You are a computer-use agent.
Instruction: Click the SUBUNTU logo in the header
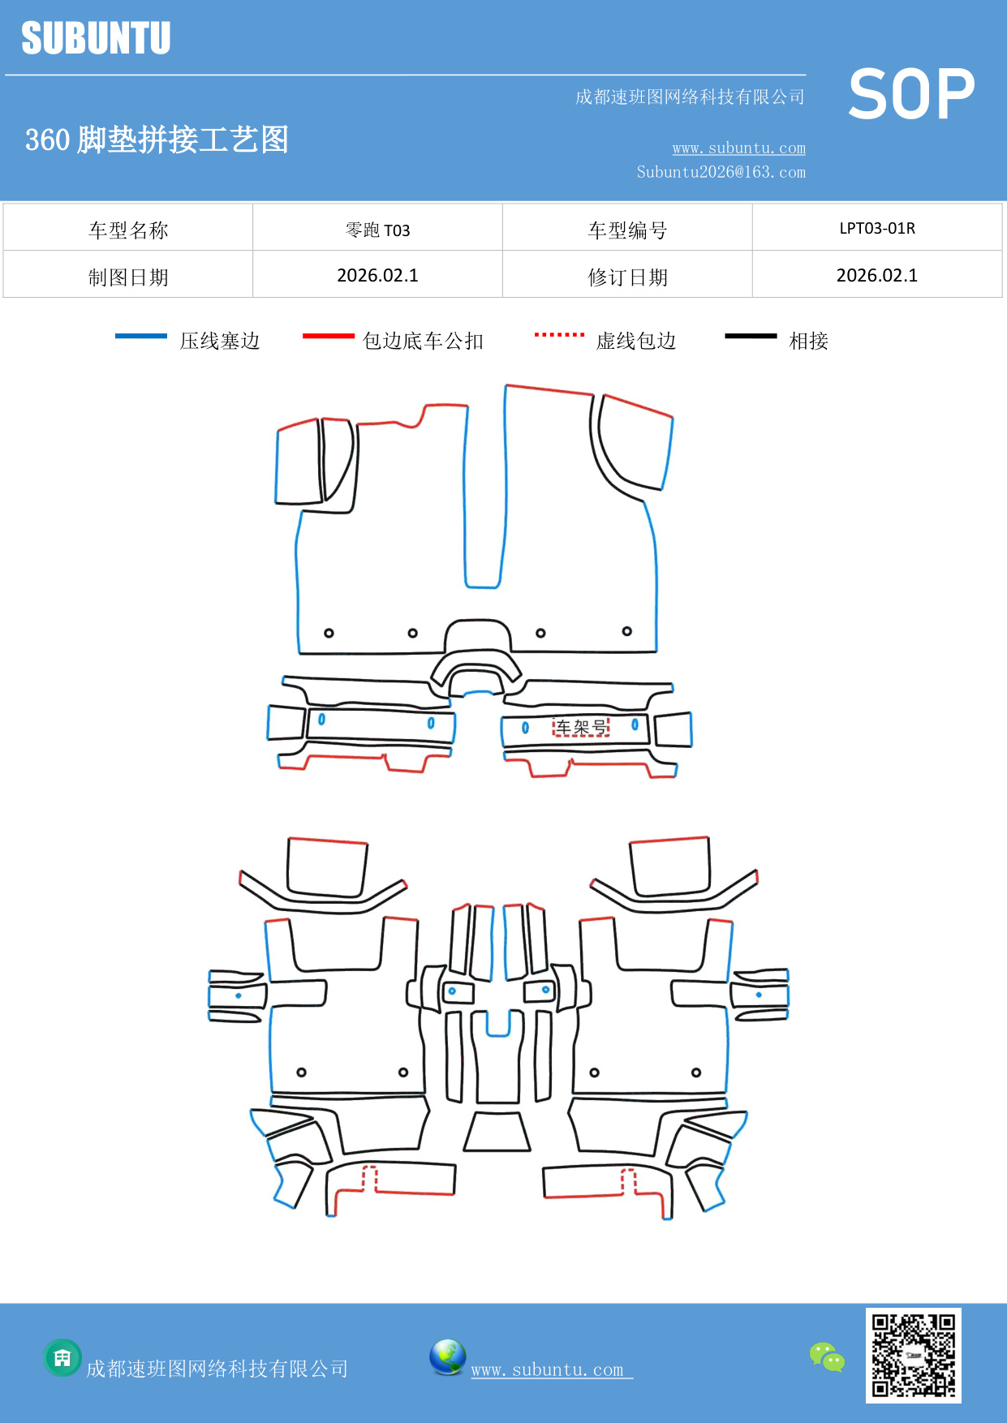click(96, 38)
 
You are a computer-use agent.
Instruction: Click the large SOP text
click(911, 94)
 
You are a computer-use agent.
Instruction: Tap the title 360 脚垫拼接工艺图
click(157, 140)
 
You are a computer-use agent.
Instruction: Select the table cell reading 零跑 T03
click(377, 230)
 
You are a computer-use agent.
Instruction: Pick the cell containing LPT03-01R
click(877, 228)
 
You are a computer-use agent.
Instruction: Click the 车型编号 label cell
click(627, 230)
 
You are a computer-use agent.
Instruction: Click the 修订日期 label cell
click(627, 277)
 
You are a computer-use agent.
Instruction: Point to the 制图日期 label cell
click(128, 277)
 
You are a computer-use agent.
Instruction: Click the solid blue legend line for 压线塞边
click(141, 336)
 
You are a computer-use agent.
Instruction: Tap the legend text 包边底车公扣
click(423, 341)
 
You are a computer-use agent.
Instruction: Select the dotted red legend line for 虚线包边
click(559, 334)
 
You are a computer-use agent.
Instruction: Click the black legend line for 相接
click(751, 336)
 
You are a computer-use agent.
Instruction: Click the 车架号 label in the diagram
click(581, 727)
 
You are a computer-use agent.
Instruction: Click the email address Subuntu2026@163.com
click(721, 172)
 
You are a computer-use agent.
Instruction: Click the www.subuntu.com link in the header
click(738, 148)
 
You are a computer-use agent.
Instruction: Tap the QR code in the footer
click(913, 1355)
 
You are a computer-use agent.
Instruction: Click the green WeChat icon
click(827, 1356)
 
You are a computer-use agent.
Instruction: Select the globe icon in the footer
click(447, 1357)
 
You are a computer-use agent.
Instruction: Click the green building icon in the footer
click(62, 1357)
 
